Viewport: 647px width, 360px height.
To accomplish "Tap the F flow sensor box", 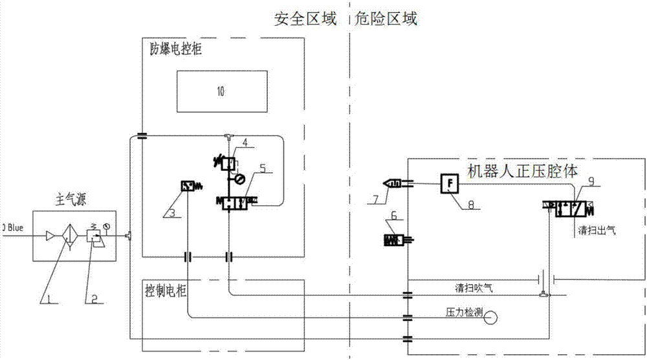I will pyautogui.click(x=450, y=183).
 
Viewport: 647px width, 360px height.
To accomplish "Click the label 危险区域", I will pyautogui.click(x=387, y=19).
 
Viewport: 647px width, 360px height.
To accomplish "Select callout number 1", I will pyautogui.click(x=44, y=298).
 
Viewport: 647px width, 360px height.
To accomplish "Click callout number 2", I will pyautogui.click(x=94, y=298).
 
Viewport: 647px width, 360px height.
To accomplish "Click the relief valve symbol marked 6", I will pyautogui.click(x=397, y=240).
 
